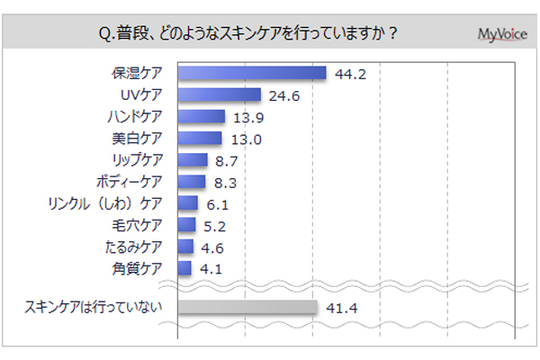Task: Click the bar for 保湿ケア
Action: (x=252, y=74)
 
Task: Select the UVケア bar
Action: (x=220, y=95)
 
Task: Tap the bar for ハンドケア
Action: (x=202, y=117)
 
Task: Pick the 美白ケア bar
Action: (x=200, y=139)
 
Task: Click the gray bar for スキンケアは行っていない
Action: (x=247, y=308)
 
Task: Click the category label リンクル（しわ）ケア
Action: (x=110, y=203)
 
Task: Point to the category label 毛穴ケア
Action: (x=139, y=225)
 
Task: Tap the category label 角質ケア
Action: (x=139, y=268)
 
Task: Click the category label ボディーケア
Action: (x=131, y=182)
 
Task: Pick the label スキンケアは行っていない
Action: (x=94, y=308)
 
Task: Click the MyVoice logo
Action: (x=502, y=34)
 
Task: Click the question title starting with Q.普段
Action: (x=248, y=34)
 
